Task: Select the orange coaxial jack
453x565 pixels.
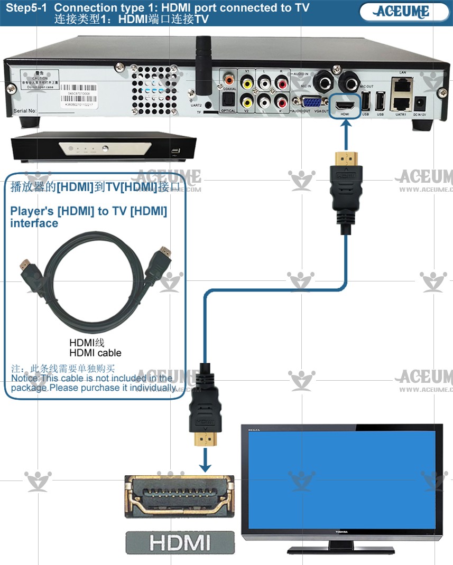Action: pos(229,80)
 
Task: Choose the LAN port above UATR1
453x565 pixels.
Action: pos(402,82)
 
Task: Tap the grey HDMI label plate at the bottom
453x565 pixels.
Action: pos(179,542)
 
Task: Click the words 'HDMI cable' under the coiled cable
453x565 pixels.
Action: pos(95,353)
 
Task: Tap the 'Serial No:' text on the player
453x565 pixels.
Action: pos(24,111)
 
